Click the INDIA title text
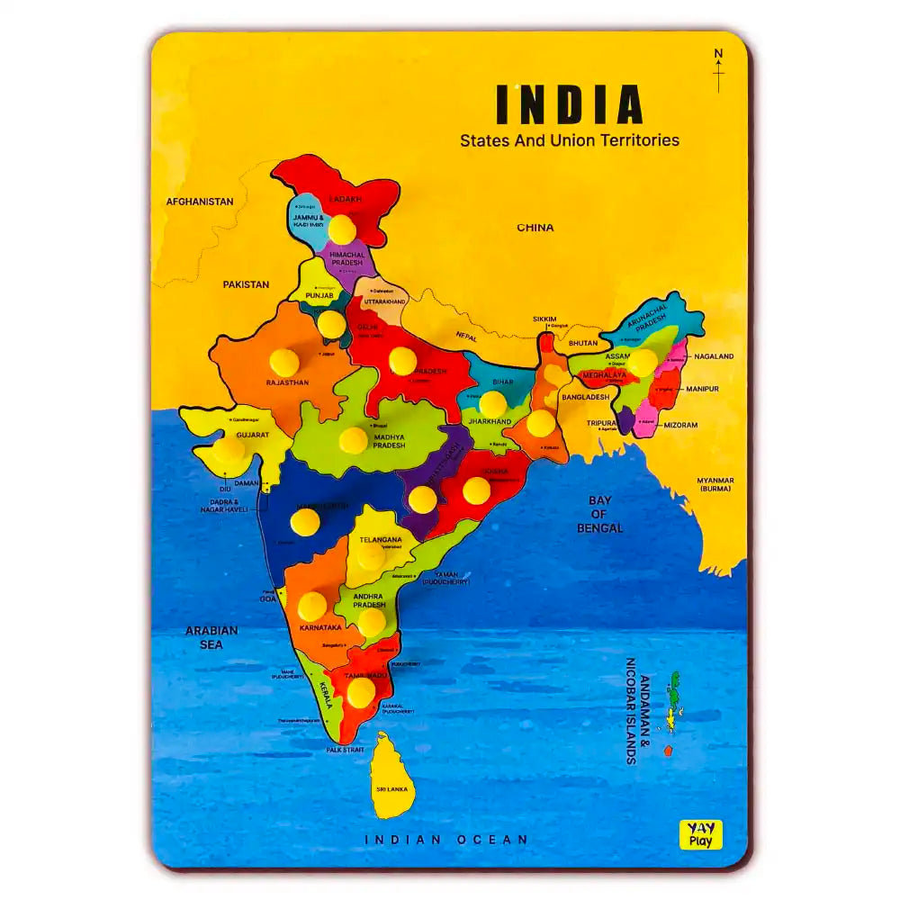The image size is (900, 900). [x=569, y=104]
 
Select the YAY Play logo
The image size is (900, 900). [x=700, y=834]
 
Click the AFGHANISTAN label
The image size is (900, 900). [x=200, y=202]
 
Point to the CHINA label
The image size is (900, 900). [x=535, y=228]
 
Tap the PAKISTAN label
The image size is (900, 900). [x=246, y=284]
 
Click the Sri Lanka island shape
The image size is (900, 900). [x=393, y=776]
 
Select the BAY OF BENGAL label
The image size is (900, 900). [x=599, y=514]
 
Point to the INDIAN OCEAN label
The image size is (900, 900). [x=446, y=840]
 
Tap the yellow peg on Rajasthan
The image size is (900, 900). [x=283, y=363]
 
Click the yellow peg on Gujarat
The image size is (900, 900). [x=228, y=449]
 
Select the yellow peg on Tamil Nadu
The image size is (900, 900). [x=360, y=691]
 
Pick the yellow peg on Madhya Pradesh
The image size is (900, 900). [x=353, y=440]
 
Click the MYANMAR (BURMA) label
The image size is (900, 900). [x=715, y=486]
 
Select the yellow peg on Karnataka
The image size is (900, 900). [x=312, y=606]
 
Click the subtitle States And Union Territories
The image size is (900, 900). [x=569, y=140]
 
